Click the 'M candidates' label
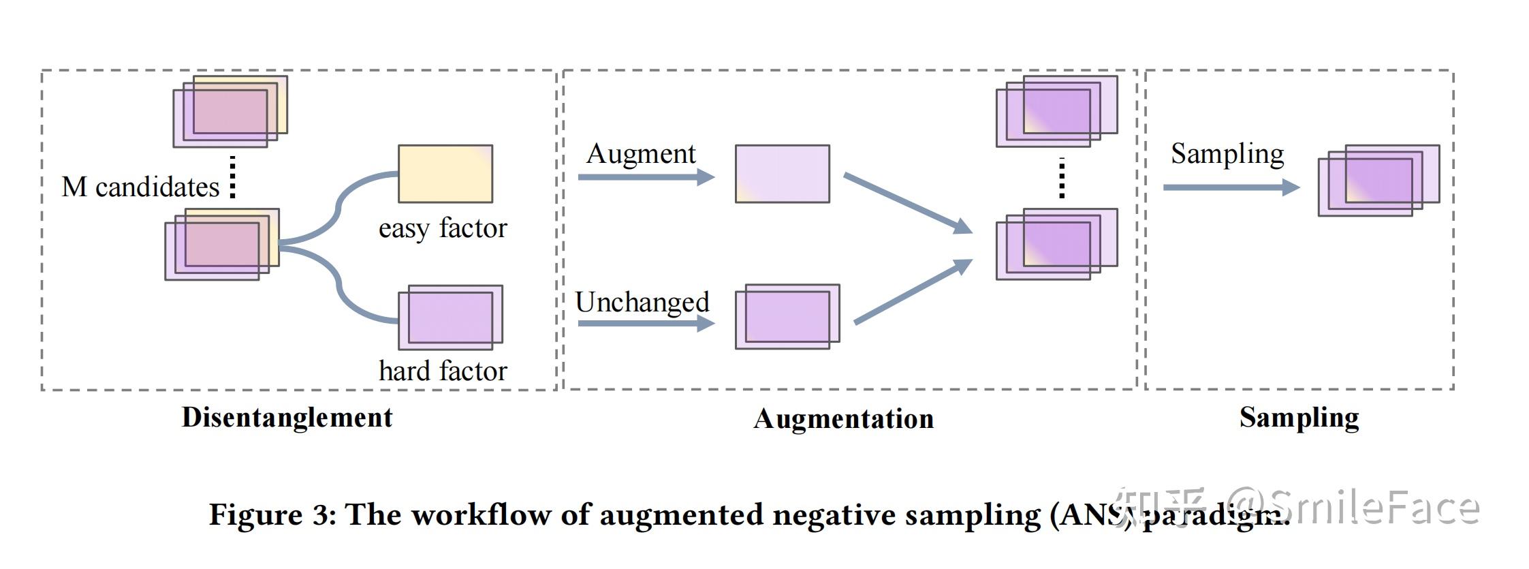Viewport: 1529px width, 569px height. click(140, 187)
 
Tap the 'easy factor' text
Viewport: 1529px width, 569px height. click(443, 228)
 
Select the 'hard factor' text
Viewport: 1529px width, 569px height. click(443, 371)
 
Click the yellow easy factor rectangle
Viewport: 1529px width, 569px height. click(445, 174)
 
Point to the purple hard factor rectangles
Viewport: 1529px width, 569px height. click(450, 318)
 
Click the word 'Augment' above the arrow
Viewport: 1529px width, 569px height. click(641, 154)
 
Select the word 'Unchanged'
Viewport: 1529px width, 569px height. click(642, 302)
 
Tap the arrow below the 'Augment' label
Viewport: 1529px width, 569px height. click(646, 178)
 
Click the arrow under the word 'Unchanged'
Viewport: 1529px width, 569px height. click(646, 323)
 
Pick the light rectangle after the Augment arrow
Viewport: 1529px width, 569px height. click(783, 174)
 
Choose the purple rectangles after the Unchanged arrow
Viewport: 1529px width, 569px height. click(787, 317)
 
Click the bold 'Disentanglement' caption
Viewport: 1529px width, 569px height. click(287, 418)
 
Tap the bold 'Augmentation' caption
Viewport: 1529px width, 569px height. click(843, 419)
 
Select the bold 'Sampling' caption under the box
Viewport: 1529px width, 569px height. click(1299, 418)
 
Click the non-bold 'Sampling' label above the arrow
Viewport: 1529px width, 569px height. click(1227, 154)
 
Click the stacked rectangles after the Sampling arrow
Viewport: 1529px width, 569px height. click(1378, 181)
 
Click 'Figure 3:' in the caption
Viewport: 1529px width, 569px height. click(272, 514)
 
